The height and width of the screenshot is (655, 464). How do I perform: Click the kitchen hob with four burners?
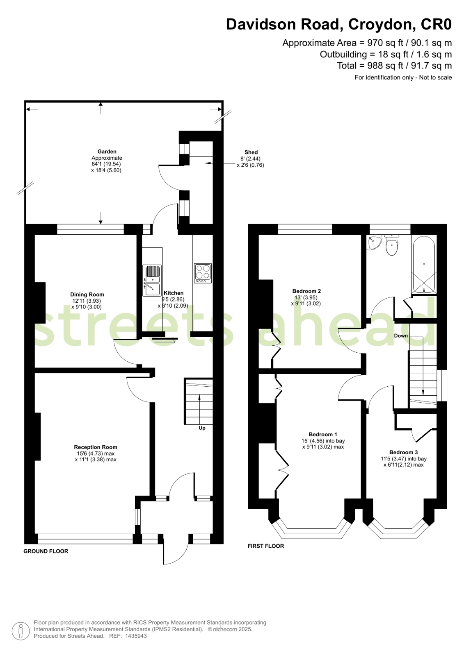(x=203, y=273)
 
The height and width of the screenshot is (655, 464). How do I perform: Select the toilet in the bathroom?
(x=392, y=246)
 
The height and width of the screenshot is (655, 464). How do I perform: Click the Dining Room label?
(x=87, y=295)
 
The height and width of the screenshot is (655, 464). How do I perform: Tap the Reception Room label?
(x=96, y=447)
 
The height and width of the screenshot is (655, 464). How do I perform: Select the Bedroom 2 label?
(x=306, y=291)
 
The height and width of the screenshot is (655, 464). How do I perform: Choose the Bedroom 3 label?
(x=403, y=453)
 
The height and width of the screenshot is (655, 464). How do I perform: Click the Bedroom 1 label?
(x=323, y=435)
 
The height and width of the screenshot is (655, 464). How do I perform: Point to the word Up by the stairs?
(x=202, y=428)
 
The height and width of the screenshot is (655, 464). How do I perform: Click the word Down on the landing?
(x=401, y=336)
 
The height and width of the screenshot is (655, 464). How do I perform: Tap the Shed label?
(x=251, y=152)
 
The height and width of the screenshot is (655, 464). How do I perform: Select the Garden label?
(x=107, y=152)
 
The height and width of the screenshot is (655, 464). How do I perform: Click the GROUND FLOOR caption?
(x=46, y=551)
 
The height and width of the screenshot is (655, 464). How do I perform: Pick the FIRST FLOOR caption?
(x=266, y=546)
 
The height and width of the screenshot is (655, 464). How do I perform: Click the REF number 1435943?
(x=136, y=636)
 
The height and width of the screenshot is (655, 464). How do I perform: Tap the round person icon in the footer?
(x=21, y=631)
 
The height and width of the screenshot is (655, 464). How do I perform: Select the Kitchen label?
(x=174, y=293)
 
